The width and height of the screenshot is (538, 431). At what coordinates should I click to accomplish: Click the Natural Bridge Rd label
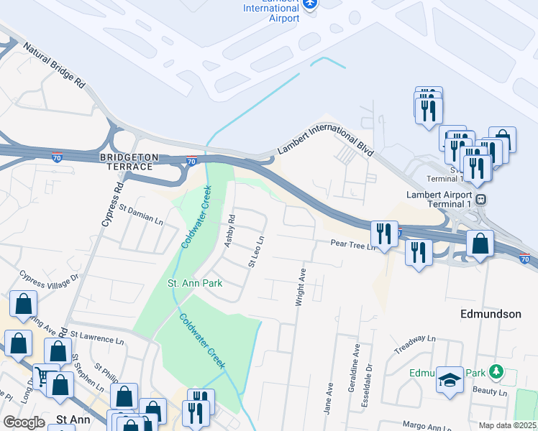point(54,65)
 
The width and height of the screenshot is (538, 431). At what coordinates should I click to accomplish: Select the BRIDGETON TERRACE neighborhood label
point(127,161)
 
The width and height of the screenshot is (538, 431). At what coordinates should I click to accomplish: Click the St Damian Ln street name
point(142,214)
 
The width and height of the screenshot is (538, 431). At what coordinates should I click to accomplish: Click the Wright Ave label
point(302,287)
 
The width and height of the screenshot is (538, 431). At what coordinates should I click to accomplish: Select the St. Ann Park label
point(195,283)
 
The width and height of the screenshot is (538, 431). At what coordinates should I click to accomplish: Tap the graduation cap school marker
point(450,379)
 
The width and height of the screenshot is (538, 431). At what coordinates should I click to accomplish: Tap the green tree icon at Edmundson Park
point(495,372)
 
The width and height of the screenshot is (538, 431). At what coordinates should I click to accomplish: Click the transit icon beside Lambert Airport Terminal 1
point(480,198)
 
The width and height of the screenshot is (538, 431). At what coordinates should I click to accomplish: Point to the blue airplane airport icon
point(310,4)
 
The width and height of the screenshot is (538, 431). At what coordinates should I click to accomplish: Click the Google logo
point(24,422)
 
